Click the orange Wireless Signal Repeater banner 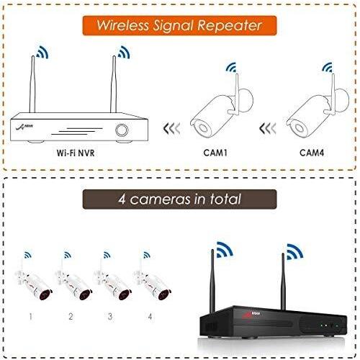(x=179, y=25)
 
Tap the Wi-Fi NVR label (x=76, y=153)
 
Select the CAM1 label (x=215, y=153)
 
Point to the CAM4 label (x=312, y=153)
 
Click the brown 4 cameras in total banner (x=179, y=199)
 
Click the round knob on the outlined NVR (x=122, y=130)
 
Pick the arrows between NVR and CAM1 (x=171, y=128)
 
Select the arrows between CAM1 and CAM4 (x=268, y=128)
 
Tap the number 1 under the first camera (x=31, y=317)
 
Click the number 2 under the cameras (x=71, y=317)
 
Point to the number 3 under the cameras (x=110, y=317)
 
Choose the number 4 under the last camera (x=150, y=317)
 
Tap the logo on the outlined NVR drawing (x=24, y=127)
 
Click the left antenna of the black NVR (x=212, y=281)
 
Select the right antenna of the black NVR (x=283, y=282)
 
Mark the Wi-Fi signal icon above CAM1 (x=231, y=67)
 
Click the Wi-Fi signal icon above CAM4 (x=327, y=67)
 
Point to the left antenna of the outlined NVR (x=32, y=84)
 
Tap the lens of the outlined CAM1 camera (x=202, y=128)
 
